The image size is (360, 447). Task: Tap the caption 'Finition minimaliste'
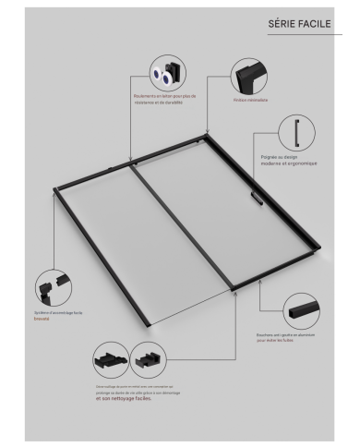[x=250, y=100]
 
